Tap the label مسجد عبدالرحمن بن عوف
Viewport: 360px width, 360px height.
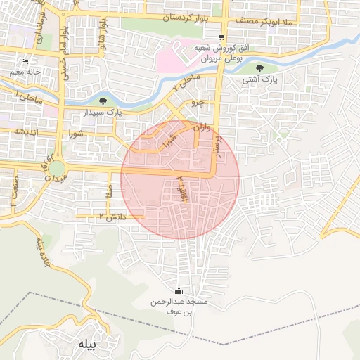pos(178,307)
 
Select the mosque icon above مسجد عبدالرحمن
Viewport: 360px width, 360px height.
pos(178,290)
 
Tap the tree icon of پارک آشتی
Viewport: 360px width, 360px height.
pos(260,68)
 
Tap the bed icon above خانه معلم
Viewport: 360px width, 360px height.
pos(26,61)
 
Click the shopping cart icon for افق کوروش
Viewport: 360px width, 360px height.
pos(222,37)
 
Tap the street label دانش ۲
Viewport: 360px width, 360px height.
pos(112,217)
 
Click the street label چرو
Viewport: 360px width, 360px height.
pos(198,103)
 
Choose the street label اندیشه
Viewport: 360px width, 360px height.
pos(25,133)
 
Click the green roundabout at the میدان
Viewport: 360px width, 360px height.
pos(56,169)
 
